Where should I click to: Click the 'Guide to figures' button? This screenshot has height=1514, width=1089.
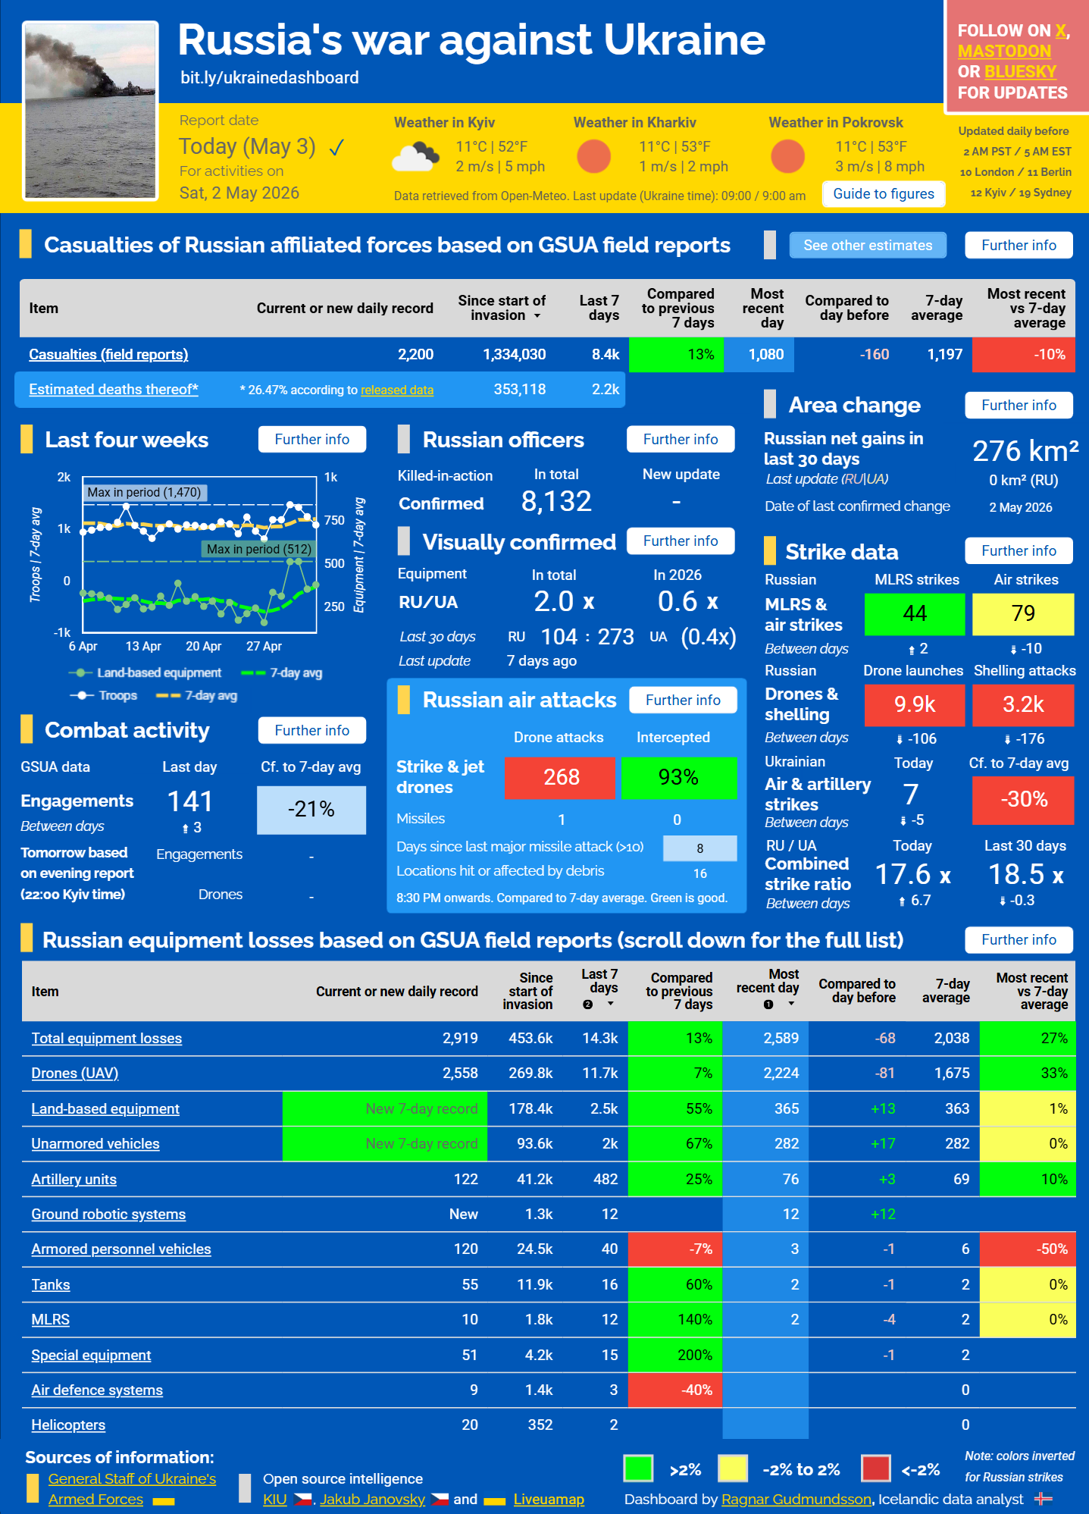click(x=884, y=194)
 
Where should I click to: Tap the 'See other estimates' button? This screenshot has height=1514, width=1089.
click(x=868, y=245)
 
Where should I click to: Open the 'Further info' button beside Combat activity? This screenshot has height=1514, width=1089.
click(x=312, y=730)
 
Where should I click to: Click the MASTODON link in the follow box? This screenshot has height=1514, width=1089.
click(x=1004, y=51)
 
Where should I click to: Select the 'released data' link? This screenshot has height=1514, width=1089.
click(x=397, y=390)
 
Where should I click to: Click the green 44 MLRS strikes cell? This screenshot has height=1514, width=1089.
click(x=915, y=613)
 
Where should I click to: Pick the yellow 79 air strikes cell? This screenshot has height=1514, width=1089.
click(x=1023, y=613)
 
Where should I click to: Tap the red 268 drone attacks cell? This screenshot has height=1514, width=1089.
click(x=561, y=777)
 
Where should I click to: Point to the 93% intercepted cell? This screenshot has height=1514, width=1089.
click(x=678, y=777)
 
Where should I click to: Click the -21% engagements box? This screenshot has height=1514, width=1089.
click(x=311, y=810)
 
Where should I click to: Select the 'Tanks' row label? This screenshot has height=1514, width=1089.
click(x=51, y=1284)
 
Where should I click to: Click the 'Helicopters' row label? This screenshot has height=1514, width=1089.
click(x=68, y=1425)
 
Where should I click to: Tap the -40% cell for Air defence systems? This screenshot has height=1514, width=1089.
click(x=675, y=1390)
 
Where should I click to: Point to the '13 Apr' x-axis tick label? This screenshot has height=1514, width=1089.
click(x=143, y=646)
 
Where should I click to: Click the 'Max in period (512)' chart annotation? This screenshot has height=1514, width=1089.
click(x=258, y=549)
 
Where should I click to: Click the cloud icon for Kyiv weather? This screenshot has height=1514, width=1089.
click(x=415, y=157)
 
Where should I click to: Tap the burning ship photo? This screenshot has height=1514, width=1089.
click(x=90, y=111)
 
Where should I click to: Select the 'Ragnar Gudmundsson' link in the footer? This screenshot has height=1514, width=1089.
click(x=796, y=1499)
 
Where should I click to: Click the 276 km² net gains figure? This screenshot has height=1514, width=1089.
click(x=1025, y=451)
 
